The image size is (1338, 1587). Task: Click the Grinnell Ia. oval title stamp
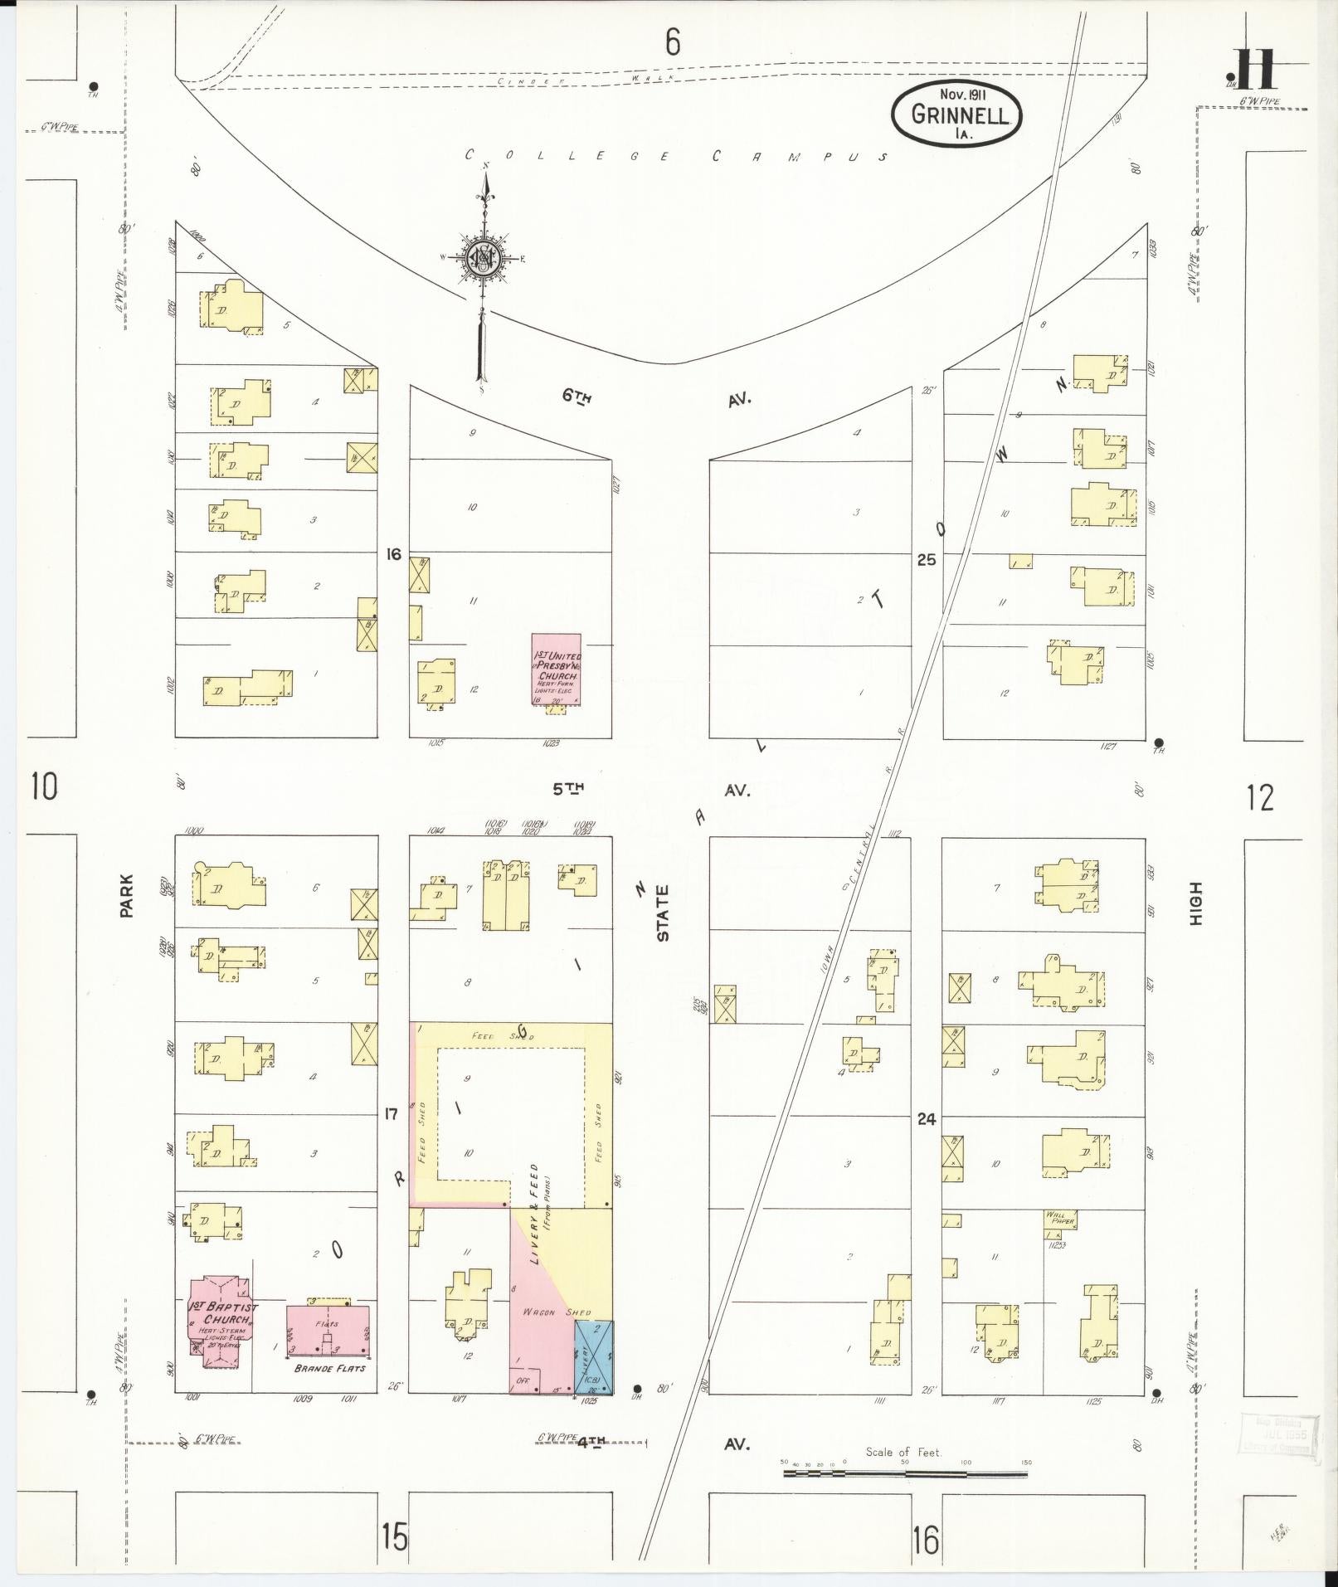click(x=956, y=114)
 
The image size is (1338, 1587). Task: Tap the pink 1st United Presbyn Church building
click(x=556, y=669)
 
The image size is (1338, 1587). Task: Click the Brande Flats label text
click(x=329, y=1368)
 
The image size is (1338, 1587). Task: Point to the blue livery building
click(x=594, y=1356)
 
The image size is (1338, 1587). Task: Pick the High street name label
click(x=1195, y=903)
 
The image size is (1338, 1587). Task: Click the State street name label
click(x=663, y=913)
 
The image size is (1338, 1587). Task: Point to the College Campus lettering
click(x=676, y=155)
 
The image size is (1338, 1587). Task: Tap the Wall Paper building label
click(x=1059, y=1218)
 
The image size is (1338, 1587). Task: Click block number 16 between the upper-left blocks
click(x=393, y=553)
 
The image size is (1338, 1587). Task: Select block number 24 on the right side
click(x=927, y=1118)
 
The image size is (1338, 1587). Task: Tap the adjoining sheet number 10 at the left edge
click(x=44, y=785)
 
